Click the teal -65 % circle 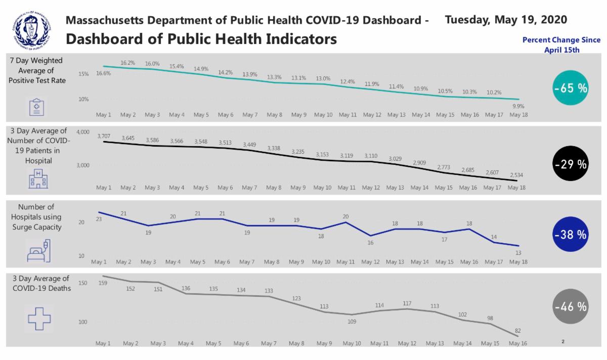570,88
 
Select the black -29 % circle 570,164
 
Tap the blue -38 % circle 570,234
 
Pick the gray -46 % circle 570,306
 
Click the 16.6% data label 103,73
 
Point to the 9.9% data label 518,106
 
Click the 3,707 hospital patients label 104,136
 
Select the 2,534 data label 516,175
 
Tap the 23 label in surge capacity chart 99,219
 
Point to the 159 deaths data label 103,283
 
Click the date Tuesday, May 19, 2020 506,20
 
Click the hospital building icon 37,179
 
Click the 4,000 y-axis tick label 83,132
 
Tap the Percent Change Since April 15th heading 561,44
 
